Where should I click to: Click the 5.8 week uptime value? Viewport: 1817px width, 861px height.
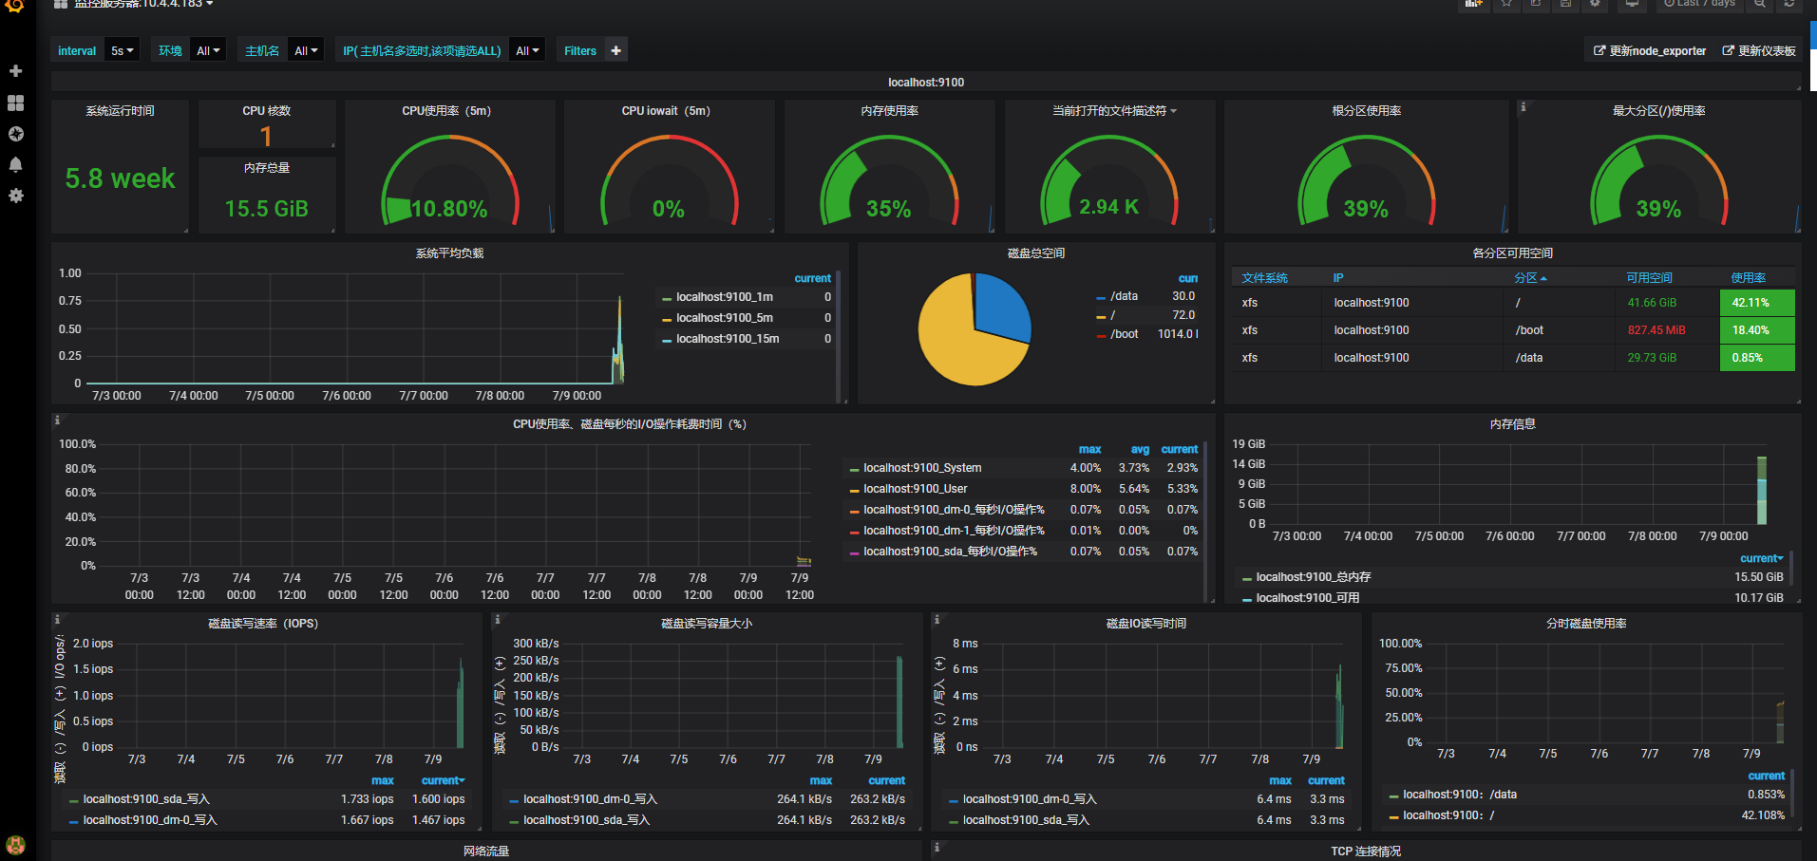[120, 178]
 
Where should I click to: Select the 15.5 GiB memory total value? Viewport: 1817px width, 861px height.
[266, 209]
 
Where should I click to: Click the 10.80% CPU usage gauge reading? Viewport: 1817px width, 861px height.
[449, 209]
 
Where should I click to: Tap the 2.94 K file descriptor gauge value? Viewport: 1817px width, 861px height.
[1108, 207]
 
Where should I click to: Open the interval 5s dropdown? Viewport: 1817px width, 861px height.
[123, 51]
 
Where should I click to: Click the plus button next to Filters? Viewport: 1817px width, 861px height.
[616, 51]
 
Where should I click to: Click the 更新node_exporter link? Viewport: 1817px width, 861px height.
[1650, 51]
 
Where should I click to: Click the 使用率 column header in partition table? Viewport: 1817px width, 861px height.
[1748, 278]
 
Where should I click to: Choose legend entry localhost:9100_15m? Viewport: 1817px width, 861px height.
[727, 339]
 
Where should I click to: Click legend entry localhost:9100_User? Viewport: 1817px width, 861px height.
[915, 489]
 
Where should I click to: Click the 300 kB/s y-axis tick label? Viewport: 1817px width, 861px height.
[536, 644]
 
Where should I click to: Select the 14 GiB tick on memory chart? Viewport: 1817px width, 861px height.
[1248, 464]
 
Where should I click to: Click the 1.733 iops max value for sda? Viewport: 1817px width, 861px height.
[367, 799]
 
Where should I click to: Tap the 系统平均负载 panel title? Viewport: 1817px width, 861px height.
[449, 253]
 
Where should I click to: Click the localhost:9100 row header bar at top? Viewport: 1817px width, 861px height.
[926, 83]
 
